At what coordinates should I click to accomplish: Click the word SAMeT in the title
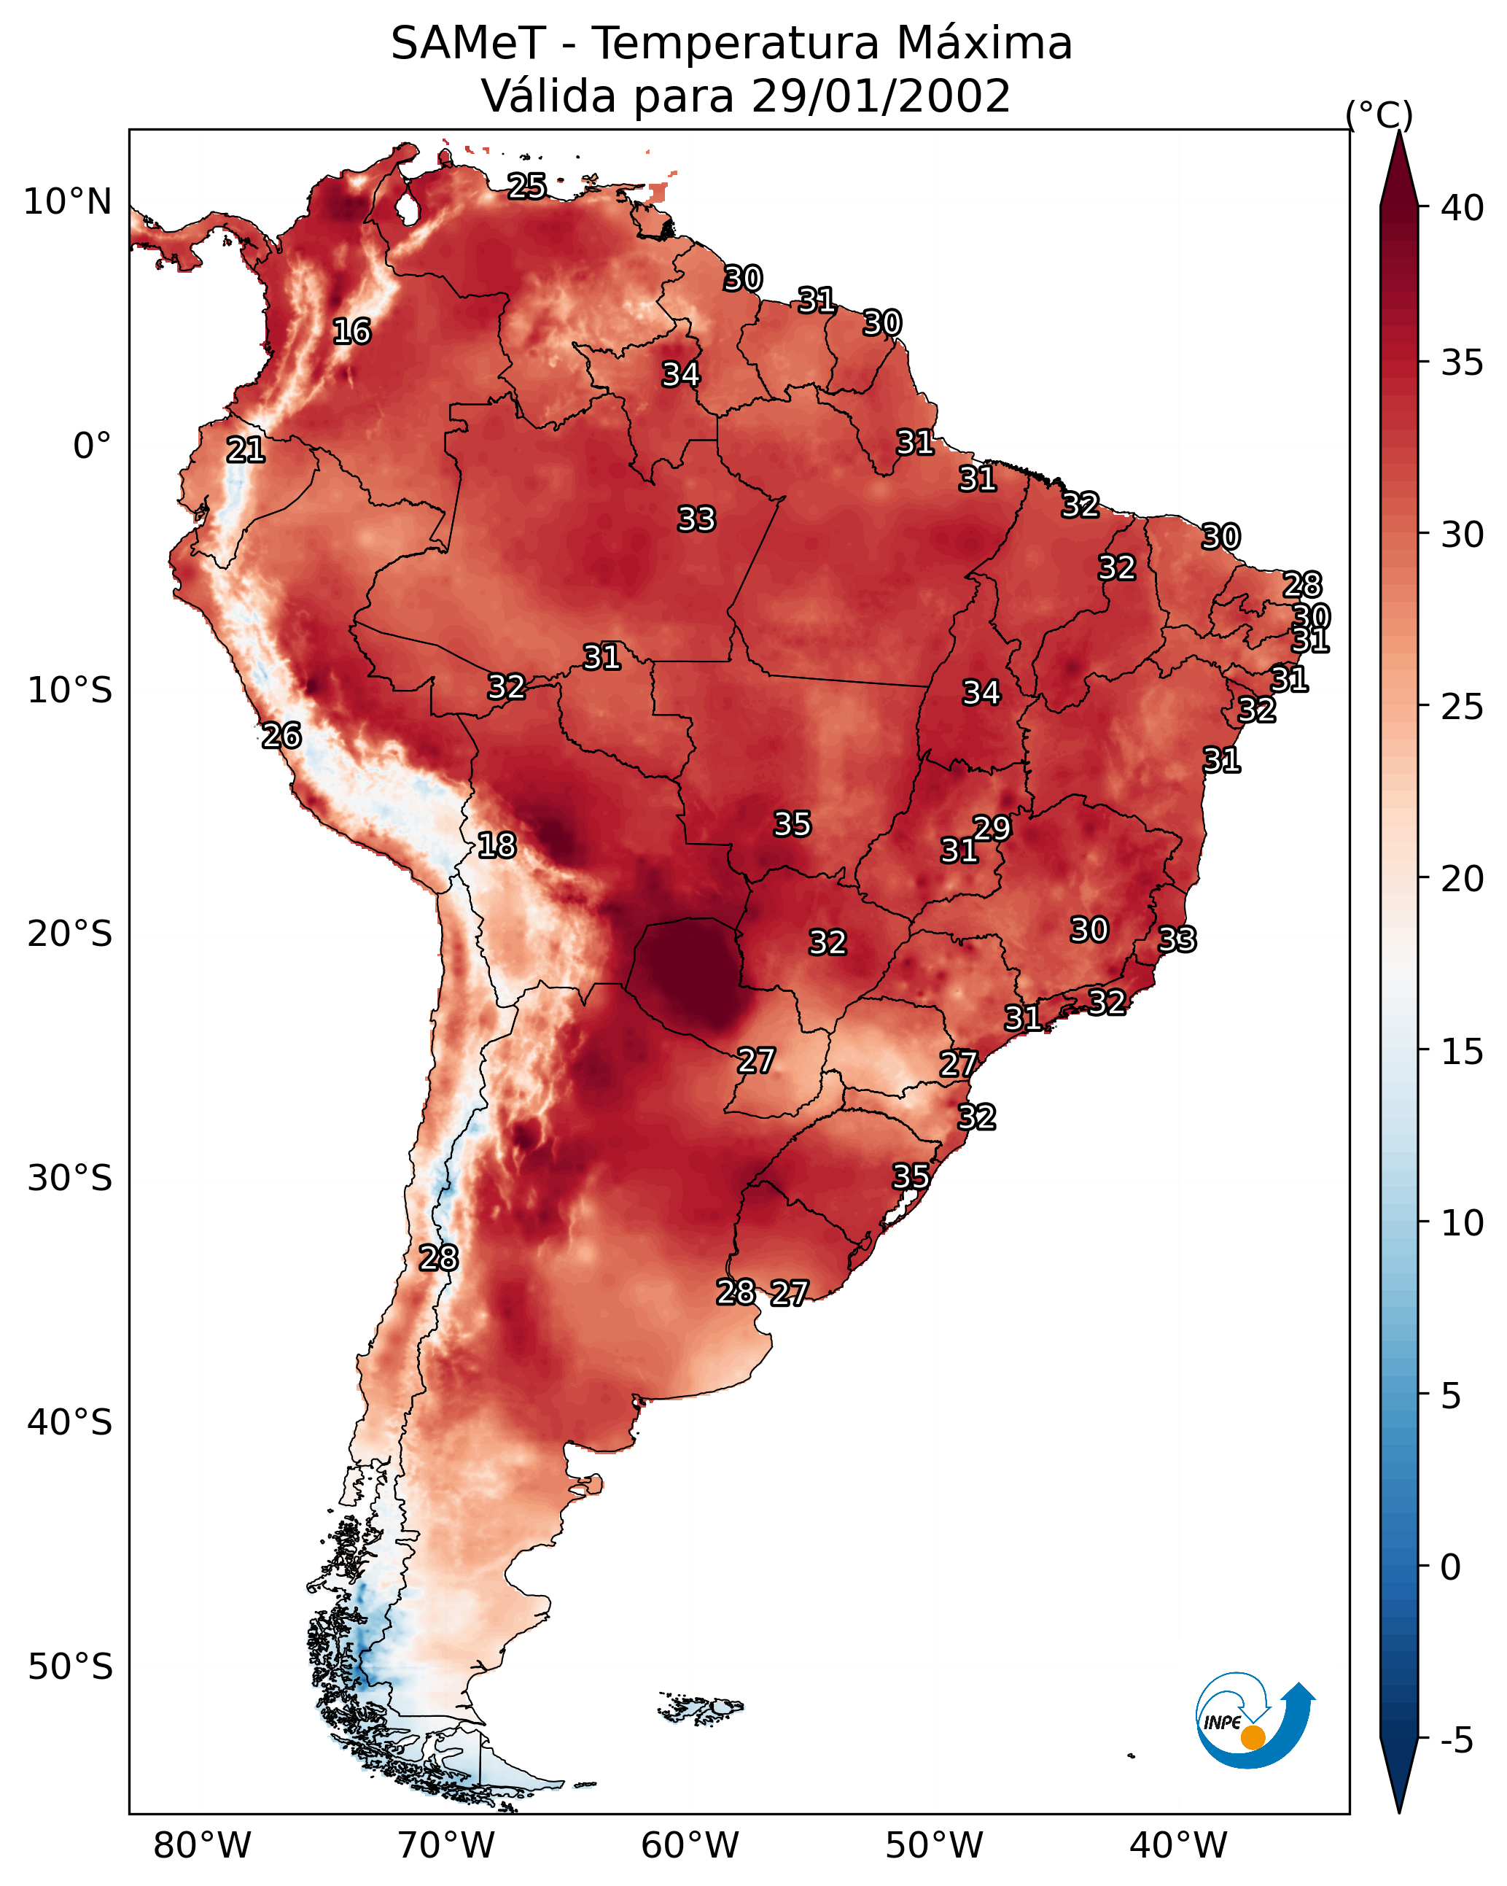[468, 43]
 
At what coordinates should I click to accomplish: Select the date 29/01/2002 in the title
[881, 96]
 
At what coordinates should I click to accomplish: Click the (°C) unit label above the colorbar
[1379, 115]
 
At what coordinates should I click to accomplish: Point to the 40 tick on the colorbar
[1463, 208]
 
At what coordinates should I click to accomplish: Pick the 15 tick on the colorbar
[1463, 1051]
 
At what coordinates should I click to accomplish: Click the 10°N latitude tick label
[67, 202]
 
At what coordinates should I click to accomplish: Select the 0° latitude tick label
[93, 446]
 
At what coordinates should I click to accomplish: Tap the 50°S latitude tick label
[70, 1666]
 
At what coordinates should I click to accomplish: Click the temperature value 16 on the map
[351, 332]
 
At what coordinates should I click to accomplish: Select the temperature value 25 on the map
[527, 186]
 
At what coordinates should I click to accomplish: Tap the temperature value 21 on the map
[246, 451]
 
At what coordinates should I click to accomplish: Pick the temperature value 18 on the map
[497, 845]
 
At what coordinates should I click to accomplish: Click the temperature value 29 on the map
[992, 828]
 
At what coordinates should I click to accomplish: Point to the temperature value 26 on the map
[281, 736]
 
